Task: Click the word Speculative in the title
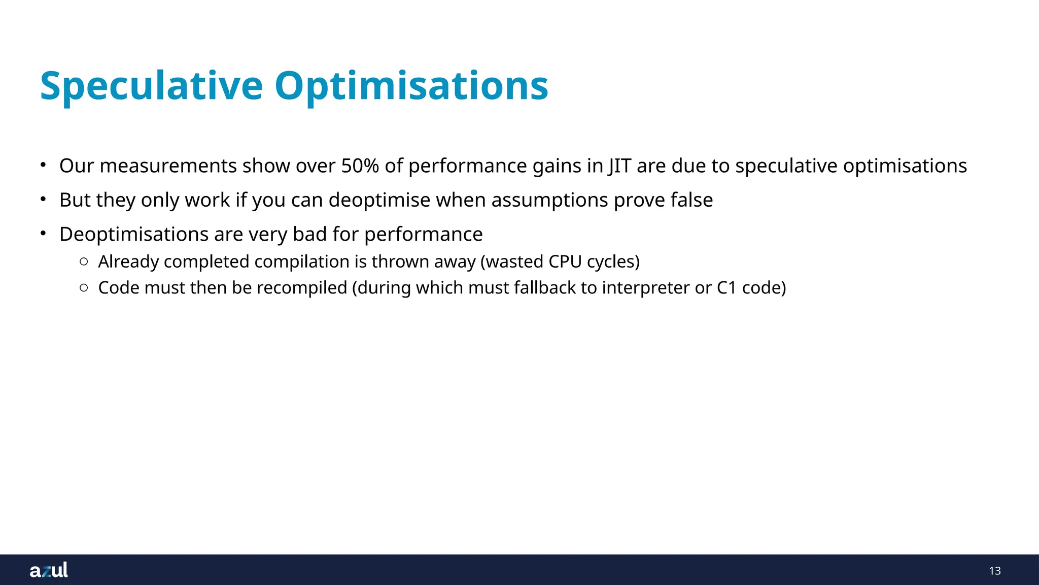coord(151,86)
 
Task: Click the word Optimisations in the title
coord(411,86)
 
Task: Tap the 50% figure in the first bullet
coord(360,166)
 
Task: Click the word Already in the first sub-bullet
coord(128,262)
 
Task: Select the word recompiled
coord(302,288)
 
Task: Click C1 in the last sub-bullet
coord(726,288)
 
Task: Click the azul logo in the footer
coord(49,570)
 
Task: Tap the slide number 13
coord(994,571)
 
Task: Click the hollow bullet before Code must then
coord(84,288)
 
